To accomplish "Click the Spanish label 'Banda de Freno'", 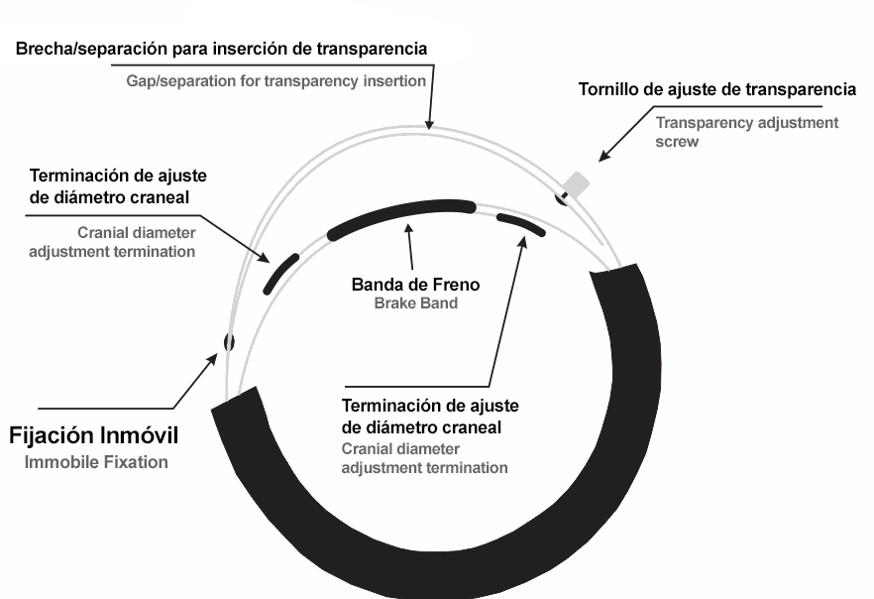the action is (415, 285).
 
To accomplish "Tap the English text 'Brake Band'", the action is (416, 303).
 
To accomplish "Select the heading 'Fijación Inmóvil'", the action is (93, 435).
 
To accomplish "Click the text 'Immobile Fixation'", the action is (96, 462).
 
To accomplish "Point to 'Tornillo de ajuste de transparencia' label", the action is (716, 89).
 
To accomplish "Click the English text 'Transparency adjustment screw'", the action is (747, 132).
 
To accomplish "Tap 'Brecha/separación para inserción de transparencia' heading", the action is (221, 49).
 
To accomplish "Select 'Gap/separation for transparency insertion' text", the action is (275, 81).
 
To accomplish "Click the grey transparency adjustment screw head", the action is (576, 184).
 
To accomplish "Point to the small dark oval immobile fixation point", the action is (229, 342).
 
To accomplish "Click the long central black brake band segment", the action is (401, 216).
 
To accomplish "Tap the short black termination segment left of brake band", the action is (281, 274).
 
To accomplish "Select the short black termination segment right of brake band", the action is (520, 224).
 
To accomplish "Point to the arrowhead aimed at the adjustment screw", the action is (603, 156).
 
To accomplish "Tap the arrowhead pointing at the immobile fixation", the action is (212, 359).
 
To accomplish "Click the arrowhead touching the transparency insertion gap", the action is (429, 124).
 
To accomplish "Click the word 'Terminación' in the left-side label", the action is (74, 176).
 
